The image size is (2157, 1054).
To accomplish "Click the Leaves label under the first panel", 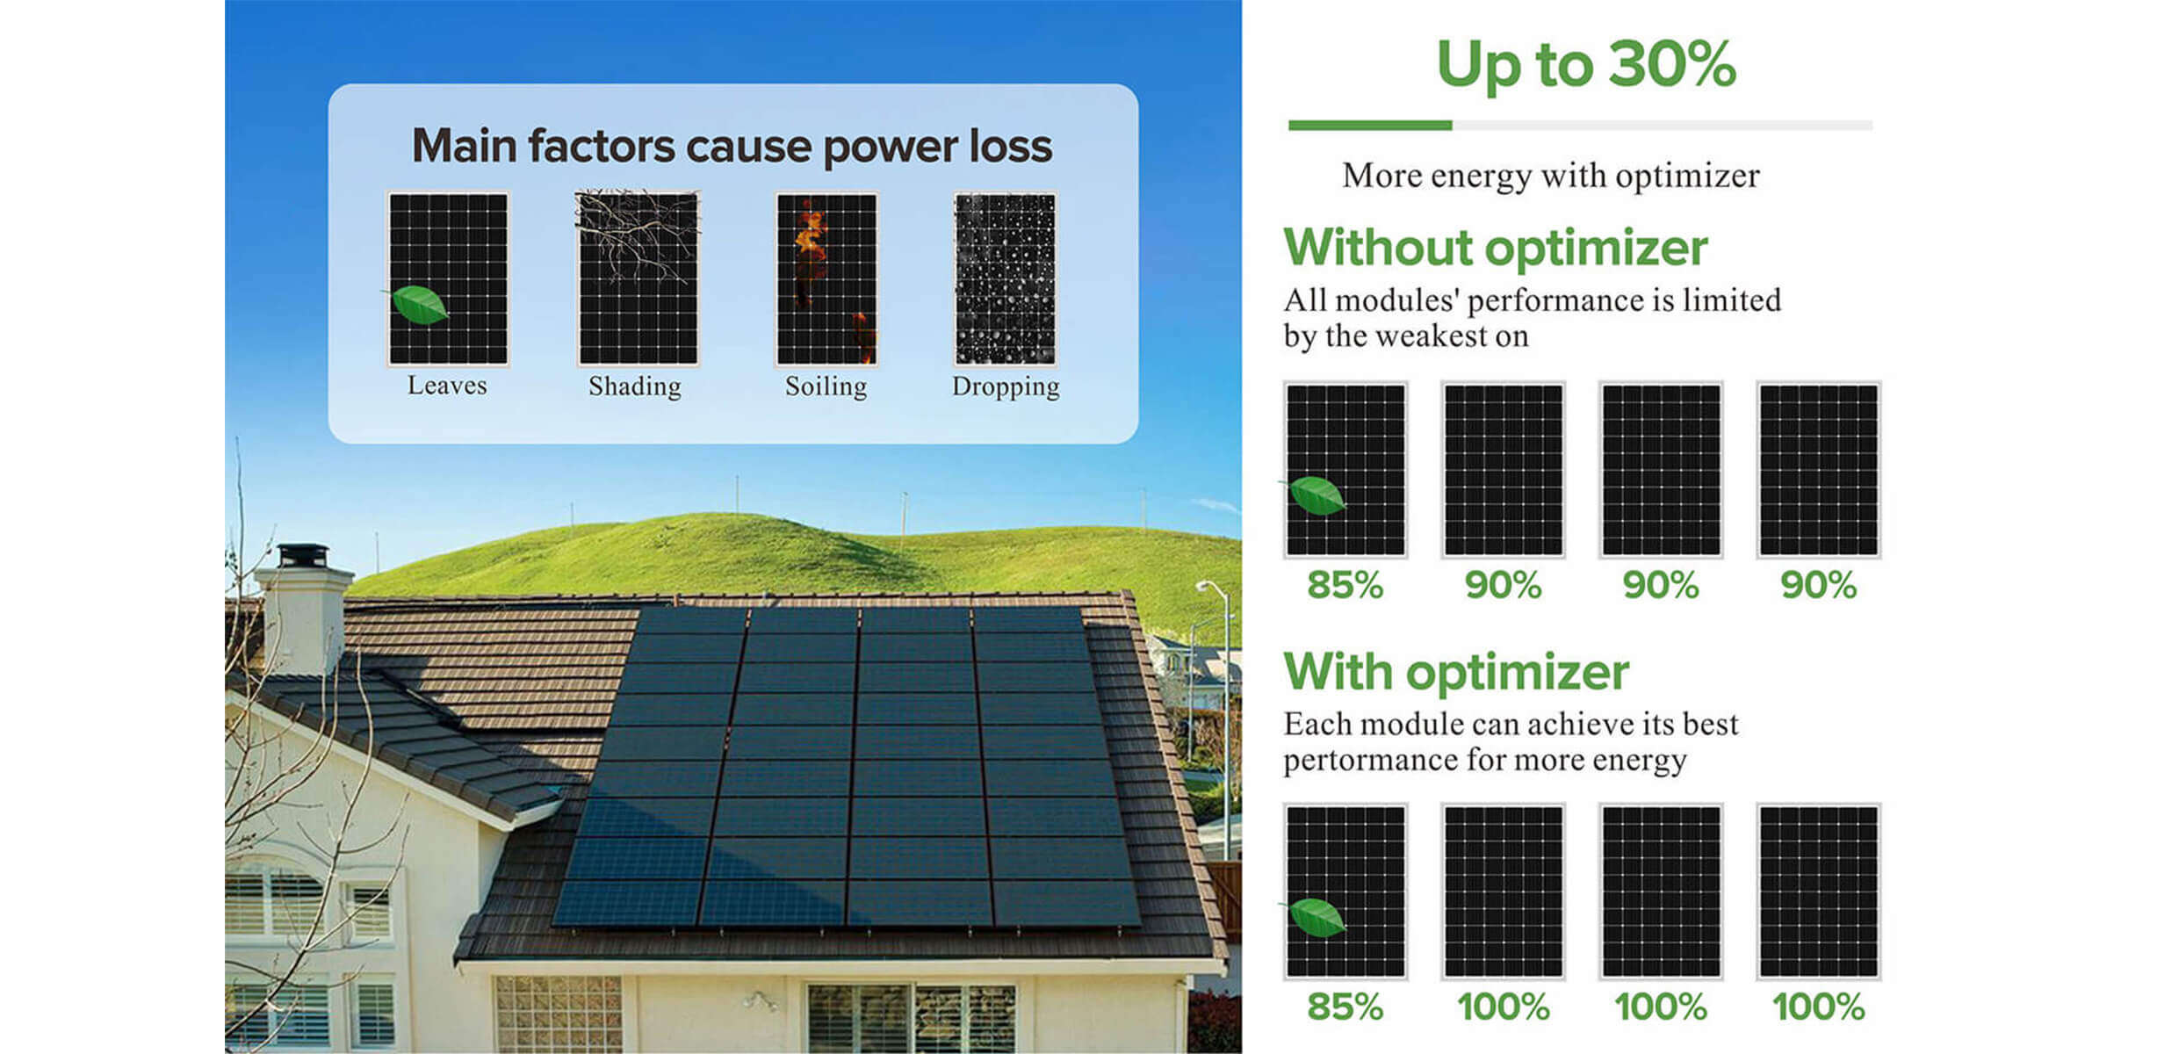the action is coord(447,386).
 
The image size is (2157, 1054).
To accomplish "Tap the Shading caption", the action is coord(635,386).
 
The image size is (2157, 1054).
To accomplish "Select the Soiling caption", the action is coord(826,386).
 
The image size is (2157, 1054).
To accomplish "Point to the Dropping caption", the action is coord(1006,386).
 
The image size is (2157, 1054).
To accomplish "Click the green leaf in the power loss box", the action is coord(418,304).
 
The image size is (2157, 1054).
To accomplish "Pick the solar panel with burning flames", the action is coord(826,278).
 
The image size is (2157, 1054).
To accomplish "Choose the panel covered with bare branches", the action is coord(638,278).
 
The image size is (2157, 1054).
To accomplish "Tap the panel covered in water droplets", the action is coord(1006,278).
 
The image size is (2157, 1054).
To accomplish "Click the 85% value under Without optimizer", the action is coord(1345,585).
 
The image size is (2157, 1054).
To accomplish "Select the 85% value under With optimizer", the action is coord(1345,1007).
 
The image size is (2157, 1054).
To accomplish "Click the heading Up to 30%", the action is coord(1586,64).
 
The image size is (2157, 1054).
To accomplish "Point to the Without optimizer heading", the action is coord(1495,247).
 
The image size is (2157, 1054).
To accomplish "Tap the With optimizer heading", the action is coord(1456,672).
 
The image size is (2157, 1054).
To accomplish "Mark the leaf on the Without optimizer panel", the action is coord(1315,495).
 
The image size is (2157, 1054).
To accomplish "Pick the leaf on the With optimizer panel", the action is coord(1315,917).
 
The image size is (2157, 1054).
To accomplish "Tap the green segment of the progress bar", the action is coord(1370,126).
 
